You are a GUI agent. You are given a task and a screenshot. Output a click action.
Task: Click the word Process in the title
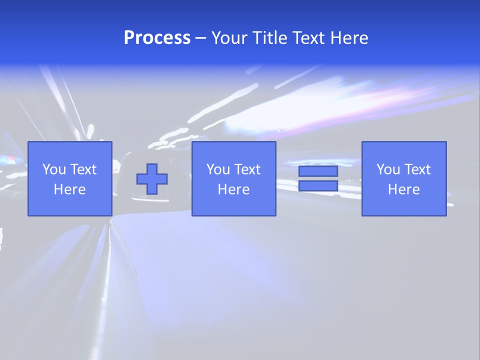click(157, 38)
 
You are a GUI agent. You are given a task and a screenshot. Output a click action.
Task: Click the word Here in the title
click(349, 38)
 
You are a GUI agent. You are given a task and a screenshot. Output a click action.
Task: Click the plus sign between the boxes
click(152, 179)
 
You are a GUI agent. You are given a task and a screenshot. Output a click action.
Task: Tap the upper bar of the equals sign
click(318, 171)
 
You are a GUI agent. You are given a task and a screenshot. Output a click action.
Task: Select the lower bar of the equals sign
click(318, 186)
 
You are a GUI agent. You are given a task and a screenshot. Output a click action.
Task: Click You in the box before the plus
click(54, 169)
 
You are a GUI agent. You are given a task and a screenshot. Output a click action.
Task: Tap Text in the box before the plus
click(83, 169)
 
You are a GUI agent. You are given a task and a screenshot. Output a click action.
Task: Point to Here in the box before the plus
click(69, 189)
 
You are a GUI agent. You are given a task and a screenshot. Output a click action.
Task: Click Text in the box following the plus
click(247, 169)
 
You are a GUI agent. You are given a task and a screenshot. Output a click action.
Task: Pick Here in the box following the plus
click(233, 189)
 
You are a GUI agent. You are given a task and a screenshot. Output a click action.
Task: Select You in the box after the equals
click(388, 169)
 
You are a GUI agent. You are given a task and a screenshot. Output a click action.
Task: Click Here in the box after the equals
click(403, 189)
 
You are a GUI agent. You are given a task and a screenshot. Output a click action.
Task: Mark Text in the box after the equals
click(417, 169)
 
